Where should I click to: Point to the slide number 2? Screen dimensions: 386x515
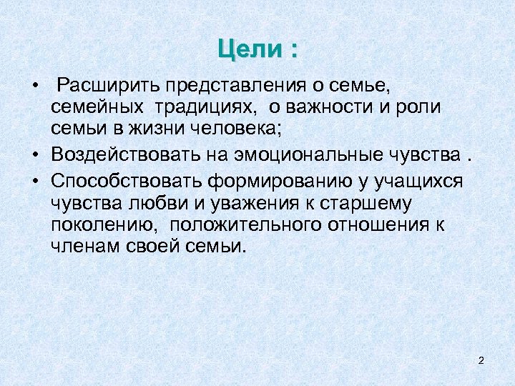tap(481, 360)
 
